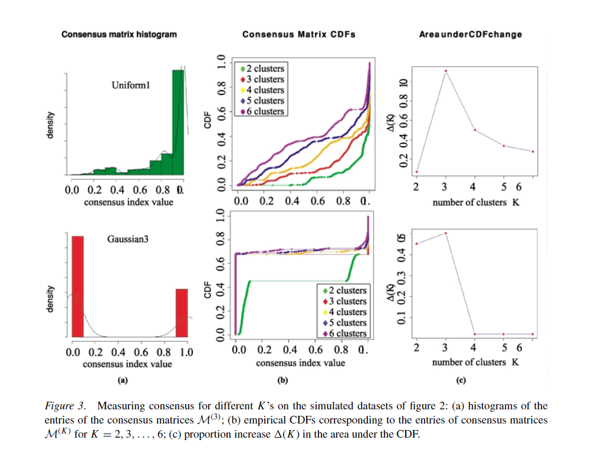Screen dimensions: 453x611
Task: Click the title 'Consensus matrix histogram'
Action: [x=119, y=35]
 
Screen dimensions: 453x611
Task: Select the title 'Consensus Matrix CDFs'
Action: [x=299, y=35]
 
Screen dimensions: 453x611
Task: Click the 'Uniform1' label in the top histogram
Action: [x=131, y=86]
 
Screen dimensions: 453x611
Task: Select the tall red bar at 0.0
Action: [x=77, y=286]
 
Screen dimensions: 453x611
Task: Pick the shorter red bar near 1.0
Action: [x=182, y=313]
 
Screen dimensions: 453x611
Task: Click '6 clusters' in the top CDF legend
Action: [x=265, y=111]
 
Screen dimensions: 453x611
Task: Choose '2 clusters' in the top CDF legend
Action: [x=265, y=69]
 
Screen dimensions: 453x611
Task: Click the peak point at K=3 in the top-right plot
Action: [x=445, y=71]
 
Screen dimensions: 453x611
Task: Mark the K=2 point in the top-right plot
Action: [x=416, y=172]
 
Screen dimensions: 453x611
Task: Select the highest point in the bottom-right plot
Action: [x=445, y=233]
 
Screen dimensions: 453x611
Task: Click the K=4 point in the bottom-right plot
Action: [x=474, y=334]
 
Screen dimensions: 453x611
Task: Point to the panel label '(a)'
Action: [x=123, y=380]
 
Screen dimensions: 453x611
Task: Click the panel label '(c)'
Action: [x=461, y=380]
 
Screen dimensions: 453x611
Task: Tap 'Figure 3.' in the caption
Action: [x=66, y=406]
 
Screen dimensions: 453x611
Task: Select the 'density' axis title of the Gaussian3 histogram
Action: [x=51, y=300]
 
